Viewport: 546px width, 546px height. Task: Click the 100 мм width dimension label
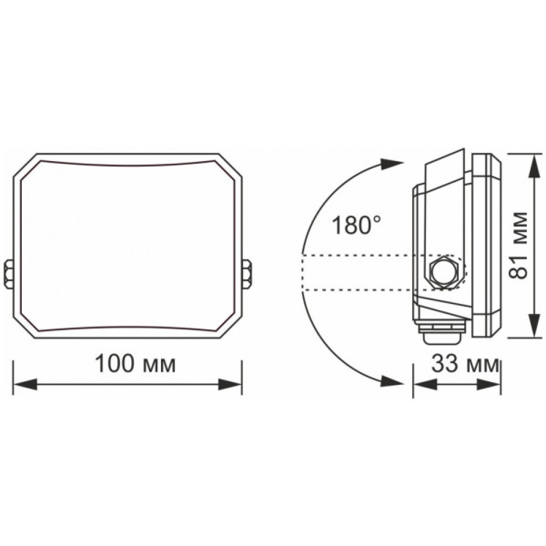coord(135,364)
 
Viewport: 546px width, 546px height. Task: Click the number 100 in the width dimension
coord(113,364)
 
